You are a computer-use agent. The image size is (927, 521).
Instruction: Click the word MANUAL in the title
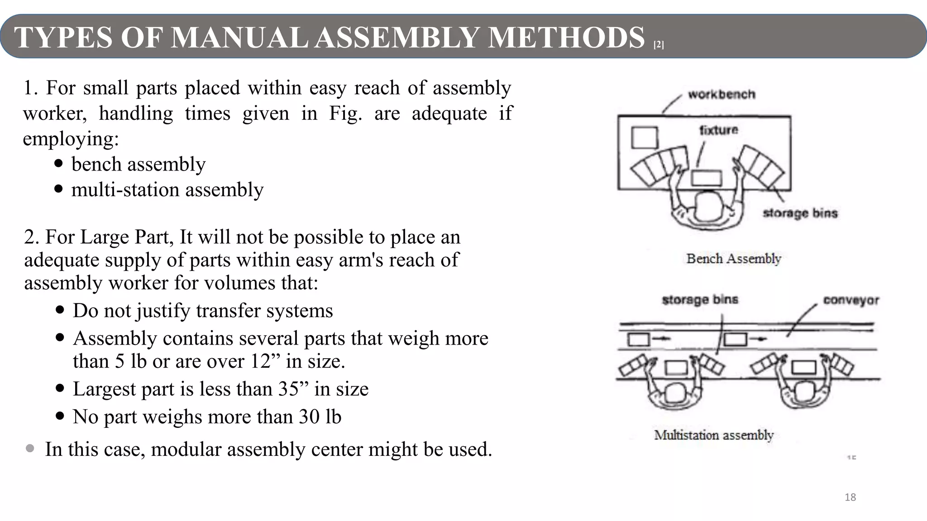tap(240, 37)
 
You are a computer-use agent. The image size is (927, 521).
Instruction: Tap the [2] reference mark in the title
tap(659, 45)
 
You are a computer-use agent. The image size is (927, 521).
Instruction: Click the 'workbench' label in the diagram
tap(722, 95)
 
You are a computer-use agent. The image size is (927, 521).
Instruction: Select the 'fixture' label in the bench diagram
tap(718, 130)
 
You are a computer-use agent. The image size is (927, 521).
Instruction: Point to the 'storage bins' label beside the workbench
tap(800, 213)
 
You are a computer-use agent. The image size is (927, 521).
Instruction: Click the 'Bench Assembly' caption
tap(734, 259)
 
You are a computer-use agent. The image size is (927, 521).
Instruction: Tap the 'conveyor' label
tap(851, 300)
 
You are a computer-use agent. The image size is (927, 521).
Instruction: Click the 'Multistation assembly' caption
tap(714, 435)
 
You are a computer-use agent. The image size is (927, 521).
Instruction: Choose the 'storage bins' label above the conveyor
tap(700, 300)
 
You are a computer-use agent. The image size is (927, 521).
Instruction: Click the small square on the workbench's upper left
tap(644, 137)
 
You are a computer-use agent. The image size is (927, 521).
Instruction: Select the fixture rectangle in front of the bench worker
tap(706, 178)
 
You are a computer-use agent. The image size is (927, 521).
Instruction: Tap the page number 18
tap(850, 497)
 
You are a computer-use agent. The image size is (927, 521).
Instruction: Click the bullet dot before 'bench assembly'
tap(58, 163)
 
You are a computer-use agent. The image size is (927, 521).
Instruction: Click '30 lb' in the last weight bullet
tap(320, 417)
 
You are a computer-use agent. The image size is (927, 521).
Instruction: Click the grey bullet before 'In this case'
tap(30, 449)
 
